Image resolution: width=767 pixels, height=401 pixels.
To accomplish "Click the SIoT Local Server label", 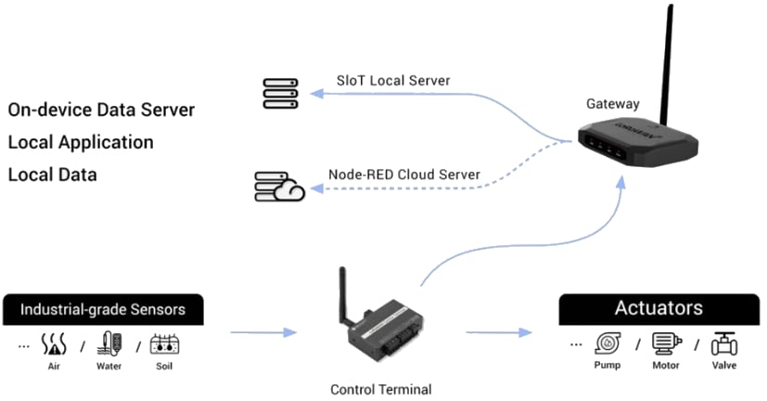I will (392, 81).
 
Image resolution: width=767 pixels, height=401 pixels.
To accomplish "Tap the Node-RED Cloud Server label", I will (403, 174).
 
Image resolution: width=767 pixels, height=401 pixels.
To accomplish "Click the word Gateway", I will (612, 104).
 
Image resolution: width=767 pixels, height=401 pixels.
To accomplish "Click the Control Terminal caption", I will (380, 389).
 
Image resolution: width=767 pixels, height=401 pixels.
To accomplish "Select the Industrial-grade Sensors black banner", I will (102, 310).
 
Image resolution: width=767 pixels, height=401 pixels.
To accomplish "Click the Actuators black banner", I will (658, 308).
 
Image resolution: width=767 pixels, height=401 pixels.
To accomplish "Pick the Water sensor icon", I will (109, 343).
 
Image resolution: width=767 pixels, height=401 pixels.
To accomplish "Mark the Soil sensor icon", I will (164, 344).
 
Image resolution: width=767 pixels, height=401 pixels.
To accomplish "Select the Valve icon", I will (723, 344).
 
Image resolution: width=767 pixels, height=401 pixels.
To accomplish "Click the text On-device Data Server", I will (101, 110).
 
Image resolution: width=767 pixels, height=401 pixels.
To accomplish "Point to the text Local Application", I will (81, 142).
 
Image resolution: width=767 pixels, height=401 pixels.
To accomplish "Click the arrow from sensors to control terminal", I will (262, 331).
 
